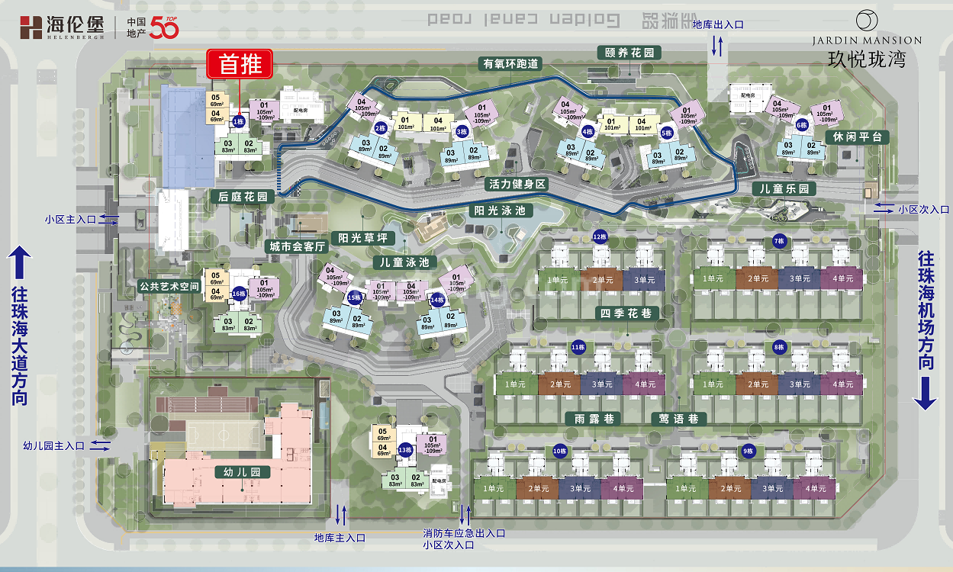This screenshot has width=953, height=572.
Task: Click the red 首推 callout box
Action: pos(240,64)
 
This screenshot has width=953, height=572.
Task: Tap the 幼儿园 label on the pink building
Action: pos(243,472)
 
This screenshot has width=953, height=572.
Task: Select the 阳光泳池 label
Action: pos(500,211)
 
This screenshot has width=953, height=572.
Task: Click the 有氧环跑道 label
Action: pos(510,64)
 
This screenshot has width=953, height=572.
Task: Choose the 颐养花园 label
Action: pos(629,53)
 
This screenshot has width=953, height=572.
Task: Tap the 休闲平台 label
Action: pos(858,137)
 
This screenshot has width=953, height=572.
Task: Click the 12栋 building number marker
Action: pos(599,236)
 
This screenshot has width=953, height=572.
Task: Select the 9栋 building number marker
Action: pos(747,451)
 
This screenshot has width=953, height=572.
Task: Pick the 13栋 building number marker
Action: pos(405,449)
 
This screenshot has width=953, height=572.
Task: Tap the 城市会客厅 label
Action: pos(298,247)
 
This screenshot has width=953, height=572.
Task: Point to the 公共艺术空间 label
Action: pos(169,286)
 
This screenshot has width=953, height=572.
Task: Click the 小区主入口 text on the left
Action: pos(70,219)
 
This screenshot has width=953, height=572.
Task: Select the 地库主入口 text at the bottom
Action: pos(340,538)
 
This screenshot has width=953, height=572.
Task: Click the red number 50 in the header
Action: pos(164,28)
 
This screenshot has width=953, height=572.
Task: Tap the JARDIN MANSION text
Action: pos(866,40)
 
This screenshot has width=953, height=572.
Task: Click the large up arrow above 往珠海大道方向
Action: pos(18,264)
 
